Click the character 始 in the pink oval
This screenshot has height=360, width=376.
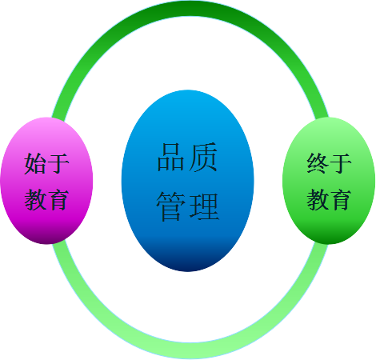(x=35, y=163)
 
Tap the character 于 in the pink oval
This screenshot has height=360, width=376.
(x=58, y=163)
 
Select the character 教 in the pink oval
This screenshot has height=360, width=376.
(x=35, y=199)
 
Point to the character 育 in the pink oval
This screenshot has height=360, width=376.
(x=58, y=199)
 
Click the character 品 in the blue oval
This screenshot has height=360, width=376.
(x=171, y=157)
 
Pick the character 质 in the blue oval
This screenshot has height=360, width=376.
(x=203, y=157)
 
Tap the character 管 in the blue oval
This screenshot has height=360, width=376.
(x=171, y=206)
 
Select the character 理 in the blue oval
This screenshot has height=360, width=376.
(x=204, y=206)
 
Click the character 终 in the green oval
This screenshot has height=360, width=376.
(x=318, y=163)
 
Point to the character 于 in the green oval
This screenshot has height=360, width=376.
(x=341, y=163)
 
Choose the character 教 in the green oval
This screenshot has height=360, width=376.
(x=318, y=199)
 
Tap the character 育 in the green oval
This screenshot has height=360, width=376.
(x=340, y=199)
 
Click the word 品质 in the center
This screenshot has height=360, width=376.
(x=187, y=157)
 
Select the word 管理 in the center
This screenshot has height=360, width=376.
(x=188, y=207)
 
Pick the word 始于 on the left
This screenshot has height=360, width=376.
(x=46, y=163)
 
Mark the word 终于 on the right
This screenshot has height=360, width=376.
(x=329, y=163)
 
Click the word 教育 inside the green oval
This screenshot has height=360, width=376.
(x=329, y=199)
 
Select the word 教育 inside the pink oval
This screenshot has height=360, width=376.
(x=46, y=199)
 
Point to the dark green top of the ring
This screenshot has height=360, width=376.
(x=190, y=9)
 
